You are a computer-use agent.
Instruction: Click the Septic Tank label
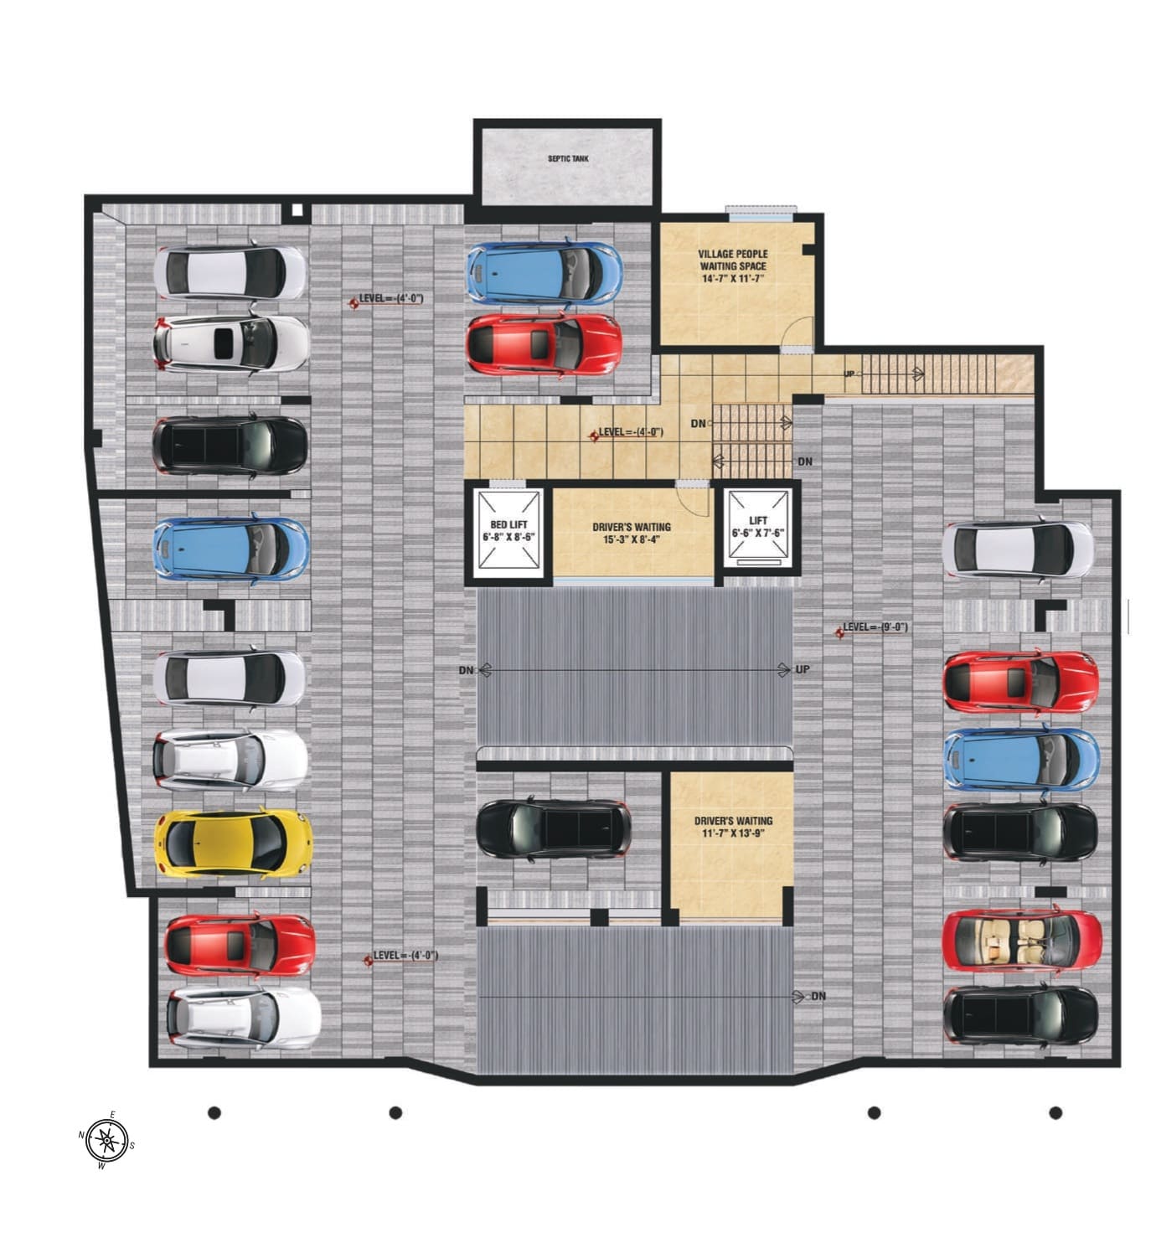(x=568, y=158)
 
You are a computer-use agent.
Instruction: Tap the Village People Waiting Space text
(x=732, y=260)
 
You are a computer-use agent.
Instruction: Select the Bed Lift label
(x=508, y=524)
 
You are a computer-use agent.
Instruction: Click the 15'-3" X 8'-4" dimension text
(x=631, y=539)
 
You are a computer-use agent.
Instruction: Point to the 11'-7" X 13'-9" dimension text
(x=733, y=833)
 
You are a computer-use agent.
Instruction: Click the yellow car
(x=233, y=843)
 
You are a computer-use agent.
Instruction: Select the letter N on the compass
(x=81, y=1135)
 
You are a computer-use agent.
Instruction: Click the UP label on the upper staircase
(x=849, y=374)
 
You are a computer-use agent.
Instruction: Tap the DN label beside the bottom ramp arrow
(x=818, y=996)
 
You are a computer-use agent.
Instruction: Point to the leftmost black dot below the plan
(x=214, y=1113)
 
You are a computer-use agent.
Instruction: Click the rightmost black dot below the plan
(x=1056, y=1113)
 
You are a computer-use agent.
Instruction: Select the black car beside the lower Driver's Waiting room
(x=554, y=828)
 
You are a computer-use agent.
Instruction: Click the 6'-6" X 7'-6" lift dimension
(x=758, y=534)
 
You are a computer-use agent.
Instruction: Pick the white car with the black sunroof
(x=231, y=343)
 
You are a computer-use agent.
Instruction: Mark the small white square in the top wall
(x=297, y=210)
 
